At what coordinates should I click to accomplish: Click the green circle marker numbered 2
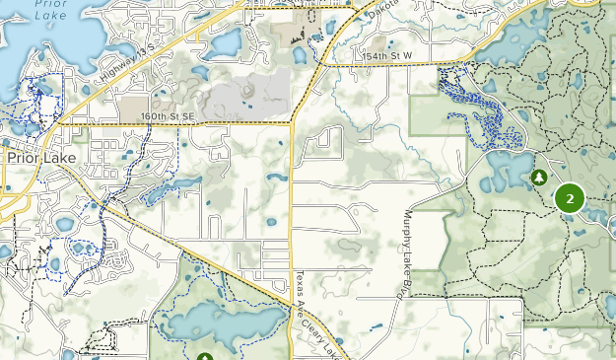click(570, 198)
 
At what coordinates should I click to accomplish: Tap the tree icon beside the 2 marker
click(539, 178)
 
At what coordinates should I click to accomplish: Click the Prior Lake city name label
click(36, 157)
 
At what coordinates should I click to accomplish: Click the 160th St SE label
click(169, 116)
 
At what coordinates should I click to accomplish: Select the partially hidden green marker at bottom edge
click(205, 356)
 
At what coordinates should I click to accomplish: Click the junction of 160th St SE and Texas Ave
click(292, 123)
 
